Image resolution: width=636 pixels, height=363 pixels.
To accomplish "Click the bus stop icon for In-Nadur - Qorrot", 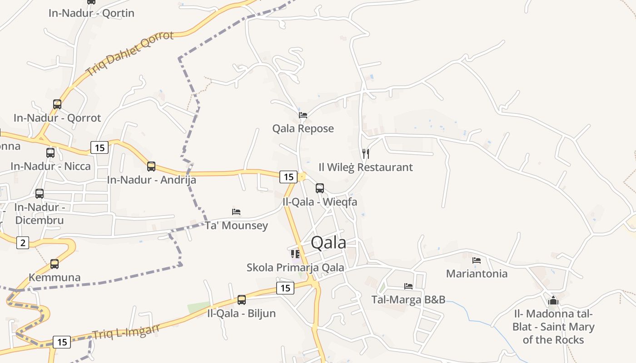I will (57, 104).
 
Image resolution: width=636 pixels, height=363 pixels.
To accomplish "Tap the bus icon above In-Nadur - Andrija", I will (151, 167).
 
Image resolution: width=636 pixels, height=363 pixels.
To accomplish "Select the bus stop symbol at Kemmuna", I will (55, 264).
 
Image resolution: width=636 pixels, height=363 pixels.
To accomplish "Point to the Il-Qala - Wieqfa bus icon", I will (320, 188).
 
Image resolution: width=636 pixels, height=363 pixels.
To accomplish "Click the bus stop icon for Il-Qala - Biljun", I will (242, 299).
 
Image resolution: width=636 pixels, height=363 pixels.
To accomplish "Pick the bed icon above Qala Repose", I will (303, 115).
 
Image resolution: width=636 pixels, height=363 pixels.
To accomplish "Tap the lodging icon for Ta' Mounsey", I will (236, 211).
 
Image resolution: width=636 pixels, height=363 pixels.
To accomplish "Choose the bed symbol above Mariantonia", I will (477, 260).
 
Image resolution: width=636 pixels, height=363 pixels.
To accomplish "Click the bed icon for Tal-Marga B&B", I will (408, 286).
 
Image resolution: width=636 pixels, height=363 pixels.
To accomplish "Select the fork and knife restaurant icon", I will (366, 153).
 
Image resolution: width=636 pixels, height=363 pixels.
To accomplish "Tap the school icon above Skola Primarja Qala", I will (295, 254).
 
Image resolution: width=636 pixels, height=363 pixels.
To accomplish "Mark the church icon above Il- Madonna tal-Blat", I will (553, 300).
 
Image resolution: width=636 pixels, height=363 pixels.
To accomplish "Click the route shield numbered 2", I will (23, 243).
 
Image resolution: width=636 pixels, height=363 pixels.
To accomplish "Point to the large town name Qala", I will (328, 243).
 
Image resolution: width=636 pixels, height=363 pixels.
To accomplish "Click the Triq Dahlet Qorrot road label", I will (130, 53).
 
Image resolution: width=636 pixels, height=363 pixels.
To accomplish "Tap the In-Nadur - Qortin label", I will (91, 13).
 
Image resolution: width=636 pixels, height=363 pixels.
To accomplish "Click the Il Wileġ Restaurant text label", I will (366, 167).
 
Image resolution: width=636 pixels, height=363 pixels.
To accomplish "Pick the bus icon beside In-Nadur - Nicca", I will (50, 152).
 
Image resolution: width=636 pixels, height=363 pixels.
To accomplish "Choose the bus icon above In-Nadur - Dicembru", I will (40, 194).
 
